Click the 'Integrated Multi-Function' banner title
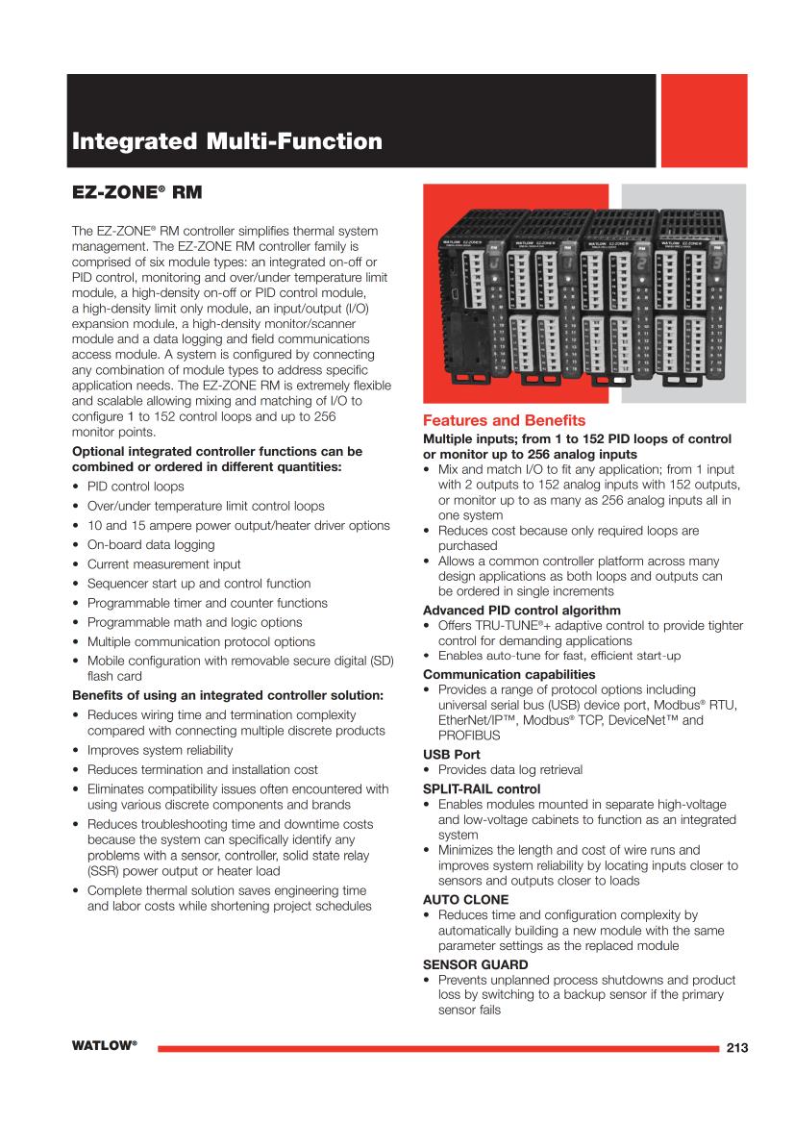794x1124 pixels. [227, 142]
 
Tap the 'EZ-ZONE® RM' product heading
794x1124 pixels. [137, 193]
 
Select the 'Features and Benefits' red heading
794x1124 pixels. [505, 421]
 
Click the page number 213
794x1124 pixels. [737, 1048]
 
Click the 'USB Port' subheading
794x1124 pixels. [452, 755]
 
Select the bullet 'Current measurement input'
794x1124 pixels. [163, 563]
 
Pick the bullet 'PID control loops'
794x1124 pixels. [136, 487]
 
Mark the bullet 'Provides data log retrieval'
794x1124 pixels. [509, 770]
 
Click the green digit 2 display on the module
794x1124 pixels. [641, 263]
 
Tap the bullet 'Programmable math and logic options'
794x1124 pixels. [194, 622]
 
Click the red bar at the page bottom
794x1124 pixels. [436, 1048]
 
